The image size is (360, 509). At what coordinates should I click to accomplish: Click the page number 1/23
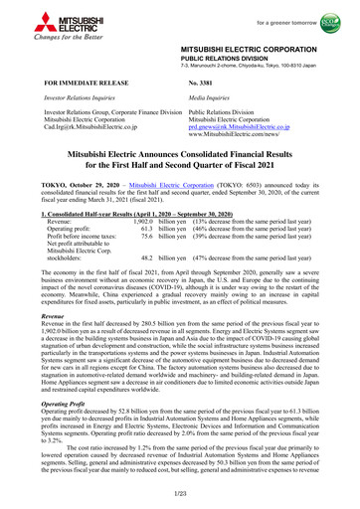[179, 494]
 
